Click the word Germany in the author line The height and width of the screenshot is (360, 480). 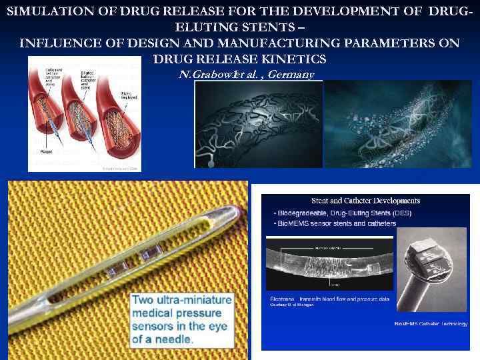[290, 74]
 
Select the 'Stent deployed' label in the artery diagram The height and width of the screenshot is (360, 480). [129, 96]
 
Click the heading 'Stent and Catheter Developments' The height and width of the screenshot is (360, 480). [365, 200]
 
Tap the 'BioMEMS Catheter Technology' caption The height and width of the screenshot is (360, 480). [430, 323]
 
